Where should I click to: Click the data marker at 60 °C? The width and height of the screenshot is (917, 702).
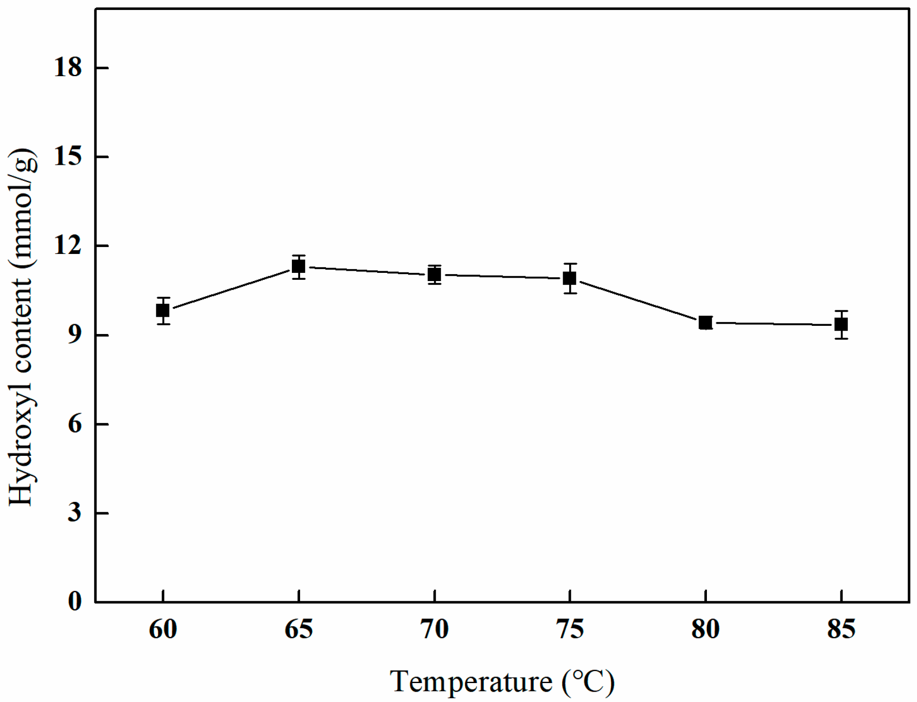[x=162, y=310]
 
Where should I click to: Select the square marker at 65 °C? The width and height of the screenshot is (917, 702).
[x=298, y=266]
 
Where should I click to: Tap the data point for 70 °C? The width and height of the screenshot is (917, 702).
[x=434, y=274]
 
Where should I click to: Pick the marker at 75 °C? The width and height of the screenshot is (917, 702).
[x=570, y=278]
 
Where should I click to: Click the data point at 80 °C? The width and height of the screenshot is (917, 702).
[x=705, y=322]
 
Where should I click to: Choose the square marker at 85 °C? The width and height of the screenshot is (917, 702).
[x=841, y=324]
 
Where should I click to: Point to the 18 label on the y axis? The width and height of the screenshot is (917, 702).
[x=68, y=68]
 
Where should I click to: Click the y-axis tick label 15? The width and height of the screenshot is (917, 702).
[x=68, y=156]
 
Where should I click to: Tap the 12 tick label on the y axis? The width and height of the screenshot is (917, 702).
[x=68, y=246]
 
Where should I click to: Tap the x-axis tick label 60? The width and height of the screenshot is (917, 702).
[x=163, y=629]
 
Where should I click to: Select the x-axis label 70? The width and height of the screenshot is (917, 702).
[x=434, y=629]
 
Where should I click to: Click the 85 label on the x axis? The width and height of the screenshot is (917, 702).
[x=841, y=629]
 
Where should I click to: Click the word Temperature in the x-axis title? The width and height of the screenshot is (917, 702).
[x=471, y=681]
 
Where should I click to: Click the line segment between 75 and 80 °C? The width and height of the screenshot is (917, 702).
[x=637, y=300]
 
